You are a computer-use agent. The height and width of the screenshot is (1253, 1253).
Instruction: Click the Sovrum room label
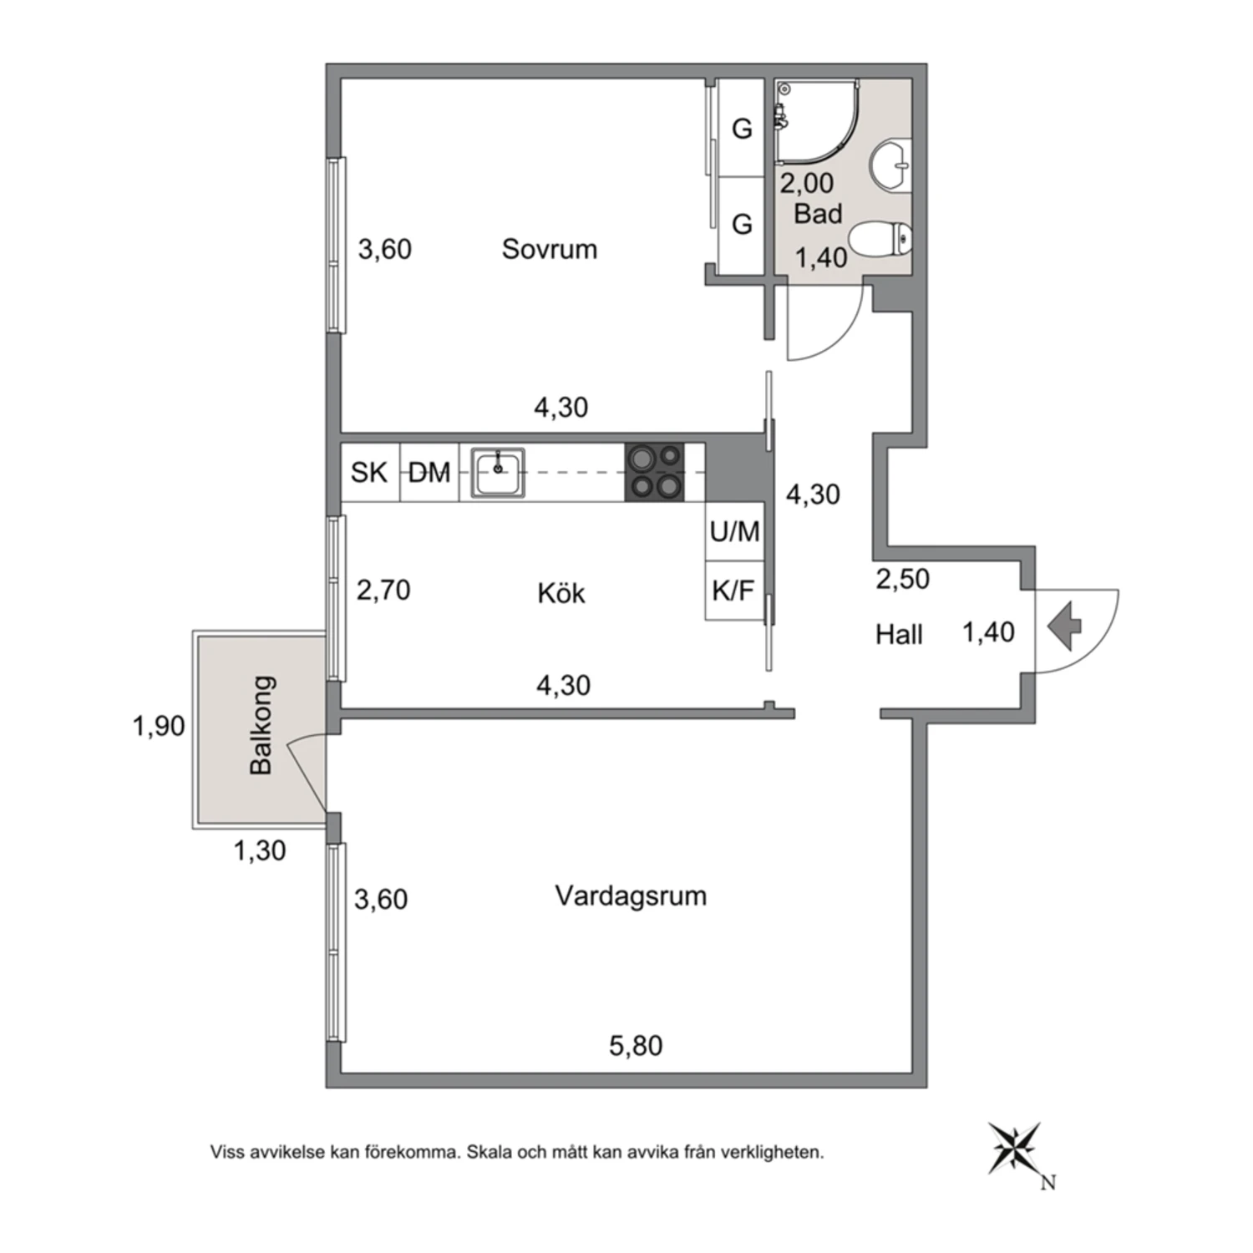pyautogui.click(x=549, y=249)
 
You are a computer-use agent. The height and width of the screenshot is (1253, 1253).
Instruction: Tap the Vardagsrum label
pyautogui.click(x=631, y=896)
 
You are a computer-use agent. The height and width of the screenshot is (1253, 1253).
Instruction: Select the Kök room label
pyautogui.click(x=561, y=593)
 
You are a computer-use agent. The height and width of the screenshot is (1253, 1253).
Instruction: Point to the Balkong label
pyautogui.click(x=261, y=725)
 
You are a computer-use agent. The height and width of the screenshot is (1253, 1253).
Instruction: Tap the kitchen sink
pyautogui.click(x=498, y=473)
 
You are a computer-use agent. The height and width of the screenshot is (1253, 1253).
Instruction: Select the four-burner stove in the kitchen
pyautogui.click(x=654, y=472)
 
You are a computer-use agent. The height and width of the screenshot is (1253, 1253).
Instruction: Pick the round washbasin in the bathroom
pyautogui.click(x=890, y=164)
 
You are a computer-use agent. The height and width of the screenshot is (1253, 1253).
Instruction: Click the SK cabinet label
pyautogui.click(x=369, y=473)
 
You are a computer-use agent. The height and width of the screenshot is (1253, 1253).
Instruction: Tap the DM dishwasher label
pyautogui.click(x=429, y=474)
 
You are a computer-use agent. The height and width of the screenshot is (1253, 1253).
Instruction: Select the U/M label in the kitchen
pyautogui.click(x=735, y=530)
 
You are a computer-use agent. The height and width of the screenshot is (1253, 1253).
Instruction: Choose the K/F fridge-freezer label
pyautogui.click(x=733, y=591)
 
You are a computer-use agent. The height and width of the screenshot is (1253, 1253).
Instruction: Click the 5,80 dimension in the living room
pyautogui.click(x=636, y=1046)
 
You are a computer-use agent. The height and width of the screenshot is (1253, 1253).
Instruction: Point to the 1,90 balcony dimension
pyautogui.click(x=159, y=726)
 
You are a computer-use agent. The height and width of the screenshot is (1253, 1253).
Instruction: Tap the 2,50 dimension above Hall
pyautogui.click(x=902, y=579)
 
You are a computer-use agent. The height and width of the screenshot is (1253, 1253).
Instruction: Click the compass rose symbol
pyautogui.click(x=1015, y=1149)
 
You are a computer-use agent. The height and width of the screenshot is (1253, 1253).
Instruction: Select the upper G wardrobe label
pyautogui.click(x=742, y=129)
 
